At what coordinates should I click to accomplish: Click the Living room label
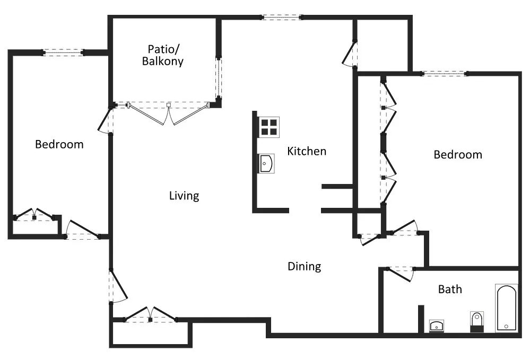[184, 196]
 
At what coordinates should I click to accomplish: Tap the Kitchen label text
[307, 151]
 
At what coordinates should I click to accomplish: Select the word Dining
[305, 266]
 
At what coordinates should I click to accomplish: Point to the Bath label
[450, 289]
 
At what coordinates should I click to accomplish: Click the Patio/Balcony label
[163, 55]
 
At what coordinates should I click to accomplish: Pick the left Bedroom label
[59, 144]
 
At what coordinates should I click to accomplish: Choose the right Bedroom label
[458, 155]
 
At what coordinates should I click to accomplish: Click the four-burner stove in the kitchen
[268, 127]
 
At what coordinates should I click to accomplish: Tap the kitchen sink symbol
[265, 164]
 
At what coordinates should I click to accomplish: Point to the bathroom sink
[437, 326]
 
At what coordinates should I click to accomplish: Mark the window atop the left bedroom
[63, 52]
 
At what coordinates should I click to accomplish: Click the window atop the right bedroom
[444, 73]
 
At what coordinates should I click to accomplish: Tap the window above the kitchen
[281, 17]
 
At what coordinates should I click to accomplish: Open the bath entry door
[402, 274]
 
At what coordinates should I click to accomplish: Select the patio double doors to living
[168, 112]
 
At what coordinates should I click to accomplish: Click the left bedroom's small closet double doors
[34, 214]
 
